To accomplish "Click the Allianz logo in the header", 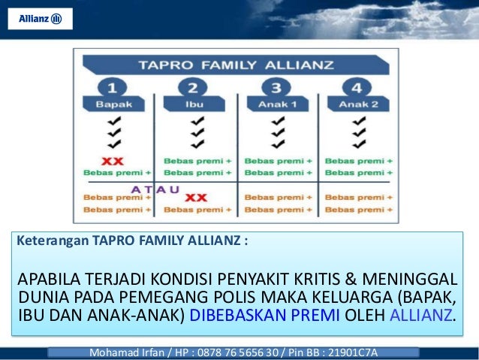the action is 40,19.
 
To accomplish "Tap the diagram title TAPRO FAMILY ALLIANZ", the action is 238,62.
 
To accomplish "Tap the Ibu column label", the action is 197,104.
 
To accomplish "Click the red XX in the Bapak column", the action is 113,160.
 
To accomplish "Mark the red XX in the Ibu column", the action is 196,198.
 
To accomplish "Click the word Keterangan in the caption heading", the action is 53,242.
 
